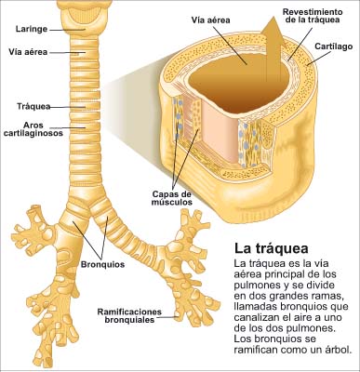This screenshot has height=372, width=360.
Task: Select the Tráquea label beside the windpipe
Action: click(31, 106)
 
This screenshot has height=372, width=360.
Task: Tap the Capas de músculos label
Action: click(172, 198)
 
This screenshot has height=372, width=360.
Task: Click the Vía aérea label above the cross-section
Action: click(211, 18)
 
